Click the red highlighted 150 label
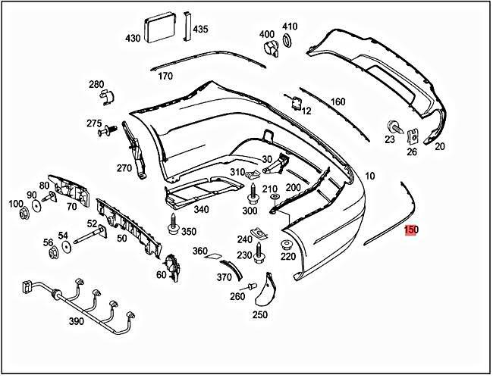(x=410, y=230)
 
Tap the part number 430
(x=133, y=38)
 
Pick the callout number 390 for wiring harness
(x=76, y=322)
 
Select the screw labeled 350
(x=173, y=223)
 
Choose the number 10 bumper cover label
(x=370, y=176)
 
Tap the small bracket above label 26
(x=413, y=137)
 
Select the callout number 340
(x=202, y=210)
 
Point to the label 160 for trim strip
(x=338, y=102)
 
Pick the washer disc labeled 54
(x=66, y=246)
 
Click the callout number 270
(x=124, y=168)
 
